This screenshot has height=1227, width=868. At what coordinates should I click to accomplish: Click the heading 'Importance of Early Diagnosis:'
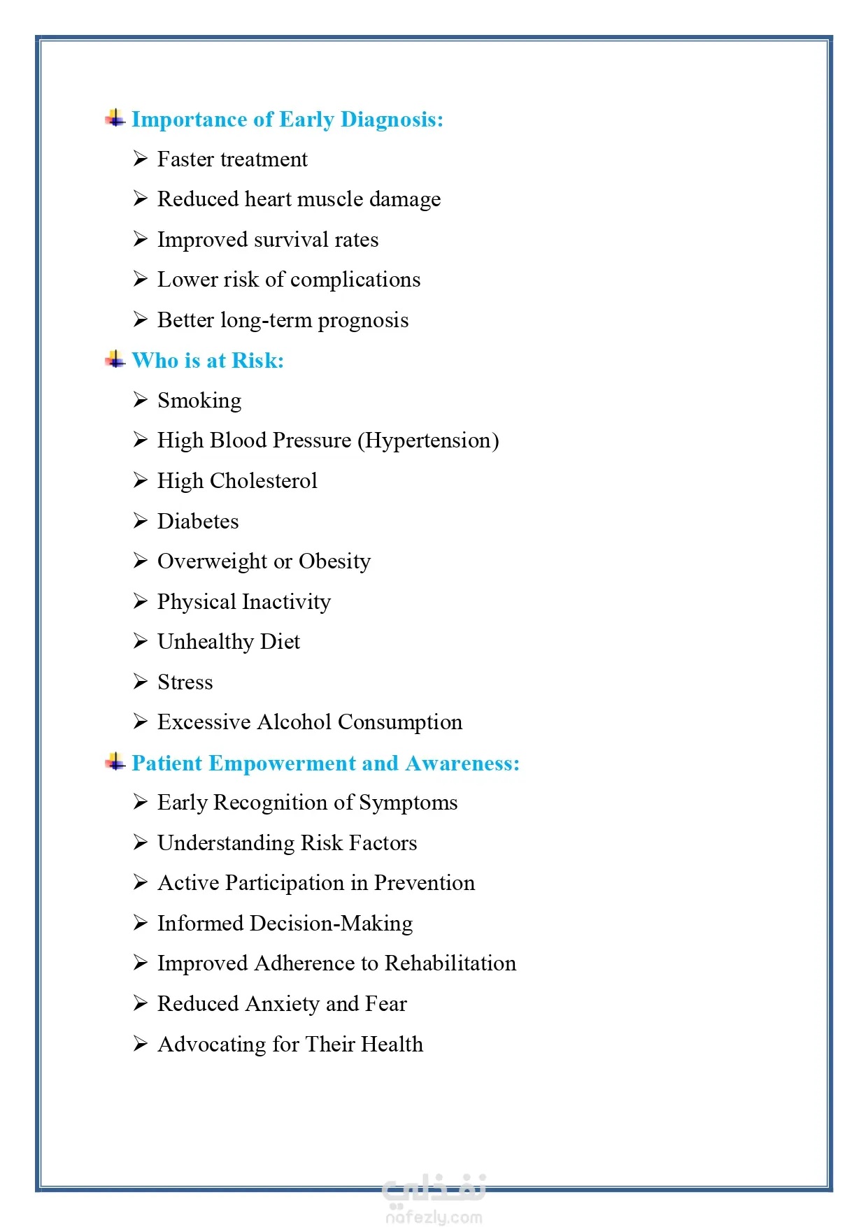click(x=287, y=120)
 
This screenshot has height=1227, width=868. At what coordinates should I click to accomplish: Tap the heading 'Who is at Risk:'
click(x=208, y=361)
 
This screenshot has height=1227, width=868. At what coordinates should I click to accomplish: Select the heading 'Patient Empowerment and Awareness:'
click(x=325, y=763)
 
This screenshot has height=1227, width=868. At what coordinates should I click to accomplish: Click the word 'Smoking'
click(x=199, y=401)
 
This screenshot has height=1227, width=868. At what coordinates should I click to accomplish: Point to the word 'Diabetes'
click(x=198, y=522)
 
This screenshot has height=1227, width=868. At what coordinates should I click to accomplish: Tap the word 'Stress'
click(x=185, y=682)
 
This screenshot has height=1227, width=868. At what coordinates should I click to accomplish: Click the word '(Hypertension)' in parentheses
click(x=428, y=440)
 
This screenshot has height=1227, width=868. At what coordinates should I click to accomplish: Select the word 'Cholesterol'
click(x=263, y=481)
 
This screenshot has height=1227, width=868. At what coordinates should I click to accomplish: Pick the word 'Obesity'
click(x=334, y=561)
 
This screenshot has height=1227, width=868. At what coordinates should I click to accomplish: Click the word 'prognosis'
click(x=363, y=320)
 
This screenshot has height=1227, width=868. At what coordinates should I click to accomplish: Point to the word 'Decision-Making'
click(x=331, y=924)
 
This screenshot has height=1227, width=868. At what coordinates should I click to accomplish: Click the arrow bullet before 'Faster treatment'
click(x=141, y=159)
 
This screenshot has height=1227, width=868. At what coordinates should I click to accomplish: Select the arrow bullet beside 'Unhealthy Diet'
click(x=141, y=642)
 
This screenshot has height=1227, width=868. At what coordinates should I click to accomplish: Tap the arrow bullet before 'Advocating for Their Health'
click(x=141, y=1044)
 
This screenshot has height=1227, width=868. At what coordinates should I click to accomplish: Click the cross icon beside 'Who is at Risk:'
click(x=115, y=360)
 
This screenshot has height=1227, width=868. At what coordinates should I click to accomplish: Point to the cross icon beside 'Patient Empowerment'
click(x=115, y=762)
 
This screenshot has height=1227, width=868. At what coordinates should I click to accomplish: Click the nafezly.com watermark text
click(x=434, y=1217)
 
